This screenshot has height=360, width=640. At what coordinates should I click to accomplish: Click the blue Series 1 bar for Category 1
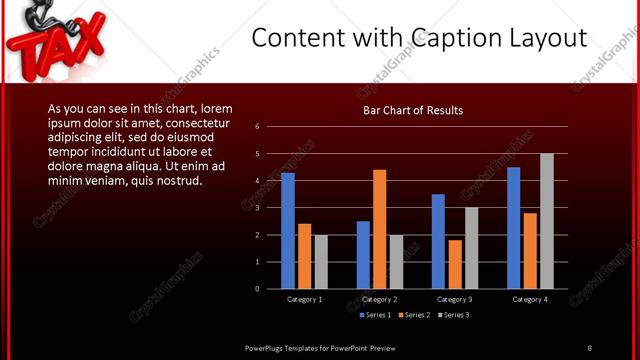(x=288, y=230)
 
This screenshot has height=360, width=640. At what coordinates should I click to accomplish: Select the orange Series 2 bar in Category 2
(x=380, y=229)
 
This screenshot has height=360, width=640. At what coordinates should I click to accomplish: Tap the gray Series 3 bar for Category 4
(x=546, y=221)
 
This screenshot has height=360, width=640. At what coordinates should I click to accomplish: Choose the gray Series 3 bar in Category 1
(x=321, y=262)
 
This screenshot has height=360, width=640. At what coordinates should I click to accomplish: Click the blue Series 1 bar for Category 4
(x=513, y=228)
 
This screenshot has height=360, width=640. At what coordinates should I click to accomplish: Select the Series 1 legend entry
(x=375, y=315)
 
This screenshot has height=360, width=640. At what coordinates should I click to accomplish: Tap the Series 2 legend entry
(x=414, y=315)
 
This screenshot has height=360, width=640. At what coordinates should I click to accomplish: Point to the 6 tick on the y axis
(x=257, y=127)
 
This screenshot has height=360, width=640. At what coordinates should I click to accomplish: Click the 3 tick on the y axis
(x=257, y=208)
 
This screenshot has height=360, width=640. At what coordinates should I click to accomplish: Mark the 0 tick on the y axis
(x=257, y=289)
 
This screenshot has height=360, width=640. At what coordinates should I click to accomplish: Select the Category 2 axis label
(x=380, y=299)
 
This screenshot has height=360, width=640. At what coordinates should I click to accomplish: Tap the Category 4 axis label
(x=529, y=299)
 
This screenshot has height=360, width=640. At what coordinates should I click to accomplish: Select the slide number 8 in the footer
(x=589, y=347)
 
